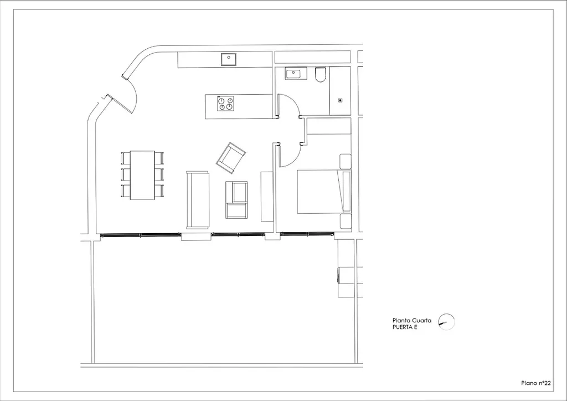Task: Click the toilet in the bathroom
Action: [x=321, y=74]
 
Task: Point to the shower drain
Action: [x=341, y=100]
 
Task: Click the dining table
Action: [x=142, y=175]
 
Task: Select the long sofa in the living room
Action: [x=198, y=200]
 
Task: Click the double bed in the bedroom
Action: [x=324, y=192]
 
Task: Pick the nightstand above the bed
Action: [x=346, y=161]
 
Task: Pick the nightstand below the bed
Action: [x=346, y=222]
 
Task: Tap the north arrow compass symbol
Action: [x=446, y=322]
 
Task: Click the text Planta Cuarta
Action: [x=412, y=320]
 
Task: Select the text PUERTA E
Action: [x=405, y=327]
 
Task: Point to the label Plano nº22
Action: [x=536, y=383]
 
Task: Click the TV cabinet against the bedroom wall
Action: [x=267, y=196]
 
